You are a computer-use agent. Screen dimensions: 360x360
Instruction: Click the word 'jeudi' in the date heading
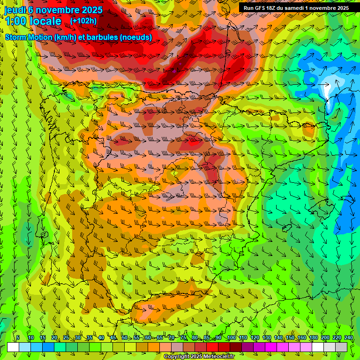click(x=15, y=10)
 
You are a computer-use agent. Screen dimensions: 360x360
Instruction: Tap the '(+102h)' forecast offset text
click(x=83, y=21)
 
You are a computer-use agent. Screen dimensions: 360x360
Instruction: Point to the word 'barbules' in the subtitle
click(x=105, y=37)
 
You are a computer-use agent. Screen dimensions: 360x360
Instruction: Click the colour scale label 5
click(x=18, y=337)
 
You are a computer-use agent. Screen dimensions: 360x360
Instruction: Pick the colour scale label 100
click(x=232, y=337)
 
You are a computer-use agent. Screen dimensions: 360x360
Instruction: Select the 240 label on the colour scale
click(x=349, y=337)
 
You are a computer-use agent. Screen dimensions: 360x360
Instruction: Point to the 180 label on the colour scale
click(x=314, y=337)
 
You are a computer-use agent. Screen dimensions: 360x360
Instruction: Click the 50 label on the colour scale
click(x=125, y=337)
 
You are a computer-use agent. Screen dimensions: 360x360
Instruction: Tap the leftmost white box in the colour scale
click(x=13, y=347)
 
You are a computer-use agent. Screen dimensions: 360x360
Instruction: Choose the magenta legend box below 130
click(x=271, y=347)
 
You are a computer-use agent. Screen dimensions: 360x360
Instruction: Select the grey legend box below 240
click(x=341, y=347)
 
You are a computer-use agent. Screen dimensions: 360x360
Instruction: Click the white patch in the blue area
click(x=333, y=84)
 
